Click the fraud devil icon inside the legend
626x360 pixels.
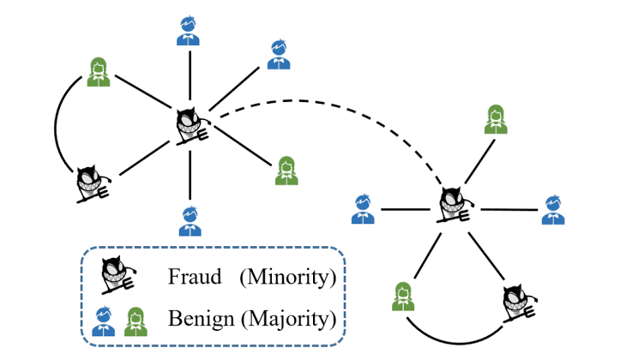click(117, 274)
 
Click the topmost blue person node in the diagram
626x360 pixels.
click(188, 29)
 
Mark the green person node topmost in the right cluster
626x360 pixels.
click(495, 119)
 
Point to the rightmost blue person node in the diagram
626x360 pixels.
click(553, 209)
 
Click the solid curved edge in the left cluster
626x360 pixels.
click(57, 129)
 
